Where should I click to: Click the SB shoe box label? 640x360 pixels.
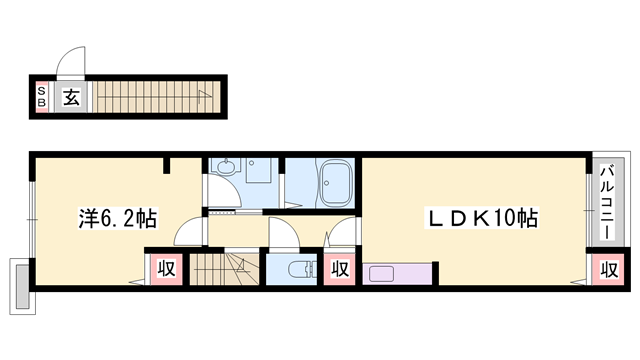pyautogui.click(x=41, y=97)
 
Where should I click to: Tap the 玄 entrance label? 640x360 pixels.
pyautogui.click(x=71, y=97)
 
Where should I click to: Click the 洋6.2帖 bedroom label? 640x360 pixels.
pyautogui.click(x=118, y=218)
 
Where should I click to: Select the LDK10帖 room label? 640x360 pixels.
pyautogui.click(x=482, y=218)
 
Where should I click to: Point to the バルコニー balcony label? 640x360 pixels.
pyautogui.click(x=607, y=202)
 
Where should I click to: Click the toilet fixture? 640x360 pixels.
pyautogui.click(x=302, y=269)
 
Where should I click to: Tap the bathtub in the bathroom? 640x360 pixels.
pyautogui.click(x=336, y=182)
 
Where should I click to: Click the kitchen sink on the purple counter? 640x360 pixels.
pyautogui.click(x=381, y=274)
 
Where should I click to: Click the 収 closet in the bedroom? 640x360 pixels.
pyautogui.click(x=166, y=269)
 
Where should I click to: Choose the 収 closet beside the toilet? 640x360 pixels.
pyautogui.click(x=340, y=269)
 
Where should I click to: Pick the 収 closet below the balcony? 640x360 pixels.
pyautogui.click(x=609, y=269)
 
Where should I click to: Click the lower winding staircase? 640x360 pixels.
pyautogui.click(x=224, y=269)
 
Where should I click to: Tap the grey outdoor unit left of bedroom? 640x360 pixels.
pyautogui.click(x=22, y=287)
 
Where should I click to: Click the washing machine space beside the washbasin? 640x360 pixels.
pyautogui.click(x=258, y=170)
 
